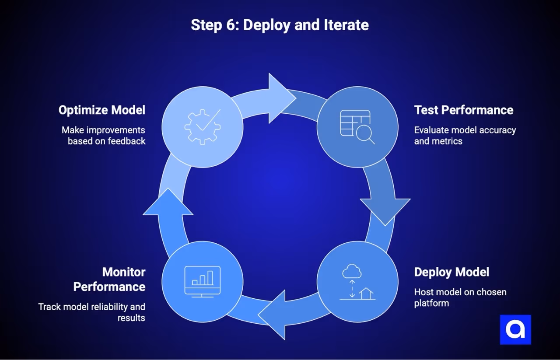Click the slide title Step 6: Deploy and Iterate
pos(280,25)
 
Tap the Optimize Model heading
pos(102,110)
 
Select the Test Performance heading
pos(464,110)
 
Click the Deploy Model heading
pos(451,272)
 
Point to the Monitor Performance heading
pos(109,280)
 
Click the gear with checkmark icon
pos(202,127)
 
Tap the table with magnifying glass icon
pos(357,127)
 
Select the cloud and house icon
pos(357,283)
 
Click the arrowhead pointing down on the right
pos(385,209)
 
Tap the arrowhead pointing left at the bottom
pos(275,314)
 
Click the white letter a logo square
pos(515,330)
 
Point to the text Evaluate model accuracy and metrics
pos(465,136)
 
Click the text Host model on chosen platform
pos(460,297)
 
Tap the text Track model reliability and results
pos(92,312)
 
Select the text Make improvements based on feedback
pos(104,136)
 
